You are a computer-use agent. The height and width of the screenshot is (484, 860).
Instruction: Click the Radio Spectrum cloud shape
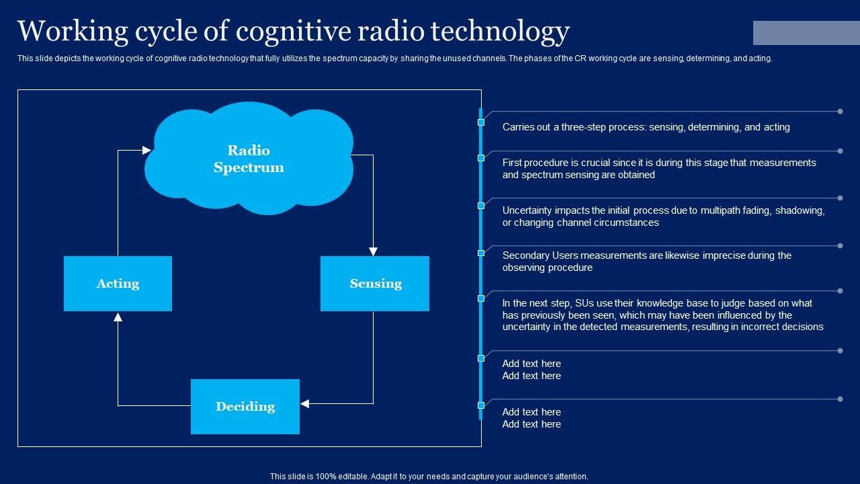[249, 159]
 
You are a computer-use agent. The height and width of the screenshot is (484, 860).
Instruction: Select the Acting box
[118, 284]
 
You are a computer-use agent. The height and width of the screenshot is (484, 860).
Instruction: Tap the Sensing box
[375, 284]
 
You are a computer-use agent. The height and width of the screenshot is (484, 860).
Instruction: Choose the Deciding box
[245, 407]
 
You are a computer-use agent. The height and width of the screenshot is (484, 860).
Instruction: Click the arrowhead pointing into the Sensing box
[373, 251]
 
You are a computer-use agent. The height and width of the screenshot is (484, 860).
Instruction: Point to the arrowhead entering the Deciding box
[304, 404]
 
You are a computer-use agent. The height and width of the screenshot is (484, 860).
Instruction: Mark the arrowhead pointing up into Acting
[118, 317]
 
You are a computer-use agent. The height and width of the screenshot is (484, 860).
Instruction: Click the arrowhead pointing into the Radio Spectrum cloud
[147, 151]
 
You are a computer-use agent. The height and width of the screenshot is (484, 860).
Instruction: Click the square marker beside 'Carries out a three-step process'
[481, 122]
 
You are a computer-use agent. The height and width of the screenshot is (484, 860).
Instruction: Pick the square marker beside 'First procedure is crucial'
[481, 158]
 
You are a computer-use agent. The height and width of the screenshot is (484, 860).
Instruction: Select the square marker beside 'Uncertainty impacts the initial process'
[481, 206]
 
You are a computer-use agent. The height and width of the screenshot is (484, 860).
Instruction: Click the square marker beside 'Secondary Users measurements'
[481, 253]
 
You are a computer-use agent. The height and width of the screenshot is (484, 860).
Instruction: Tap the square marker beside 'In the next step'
[481, 298]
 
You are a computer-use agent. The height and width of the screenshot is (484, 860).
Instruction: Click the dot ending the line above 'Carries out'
[840, 112]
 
